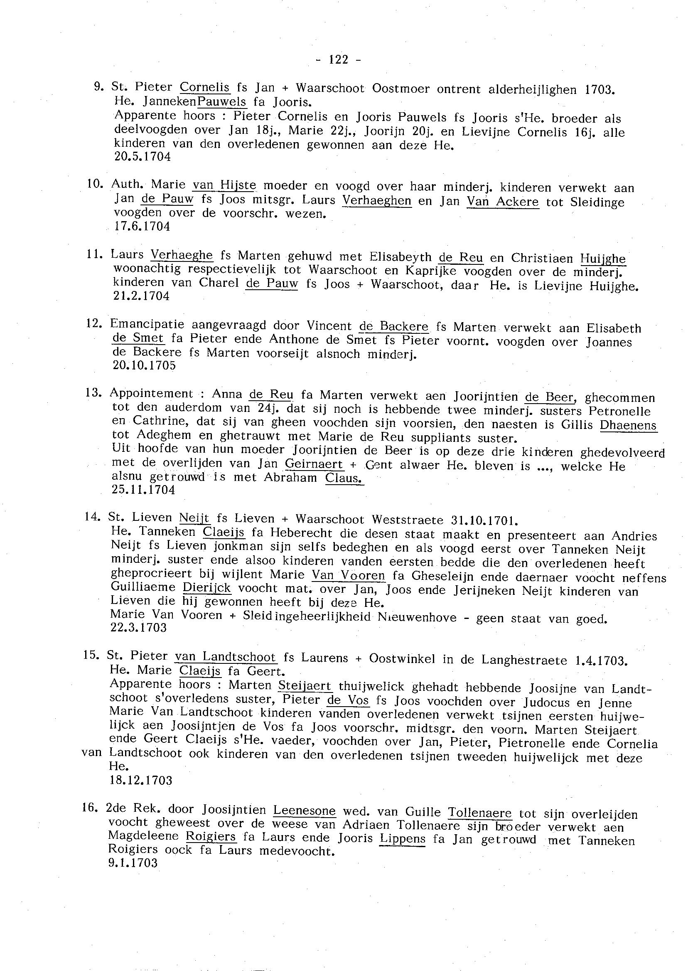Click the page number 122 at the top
click(x=339, y=60)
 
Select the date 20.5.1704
click(x=143, y=157)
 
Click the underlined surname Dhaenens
click(x=628, y=425)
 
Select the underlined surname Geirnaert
click(x=314, y=464)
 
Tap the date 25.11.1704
click(x=143, y=490)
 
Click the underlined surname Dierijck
click(x=207, y=588)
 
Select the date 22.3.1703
click(x=138, y=628)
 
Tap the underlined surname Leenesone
click(x=304, y=811)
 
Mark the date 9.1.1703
click(x=133, y=863)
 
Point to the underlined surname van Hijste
click(x=224, y=186)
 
